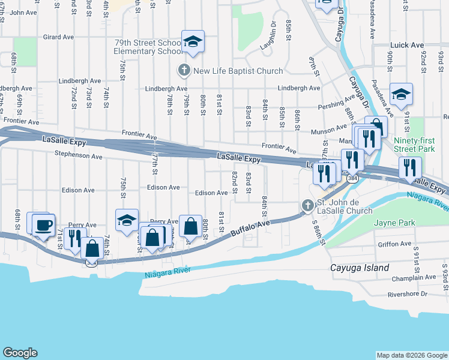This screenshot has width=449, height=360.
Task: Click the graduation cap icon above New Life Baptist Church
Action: (x=193, y=42)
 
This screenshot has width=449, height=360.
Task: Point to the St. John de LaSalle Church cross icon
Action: (x=307, y=206)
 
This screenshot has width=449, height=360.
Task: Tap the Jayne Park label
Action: (x=394, y=223)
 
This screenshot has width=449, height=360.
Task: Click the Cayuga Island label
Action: (x=360, y=268)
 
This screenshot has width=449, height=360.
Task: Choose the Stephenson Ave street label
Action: (x=79, y=156)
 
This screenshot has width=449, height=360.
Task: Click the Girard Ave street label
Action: (x=59, y=37)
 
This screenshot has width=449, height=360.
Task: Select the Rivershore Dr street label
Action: (x=407, y=294)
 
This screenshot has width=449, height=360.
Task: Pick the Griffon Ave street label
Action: (x=394, y=244)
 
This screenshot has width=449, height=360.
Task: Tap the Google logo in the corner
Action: (x=20, y=353)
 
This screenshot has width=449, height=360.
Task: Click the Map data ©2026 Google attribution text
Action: (x=411, y=355)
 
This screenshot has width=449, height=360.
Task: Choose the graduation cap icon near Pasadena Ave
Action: (x=401, y=95)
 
